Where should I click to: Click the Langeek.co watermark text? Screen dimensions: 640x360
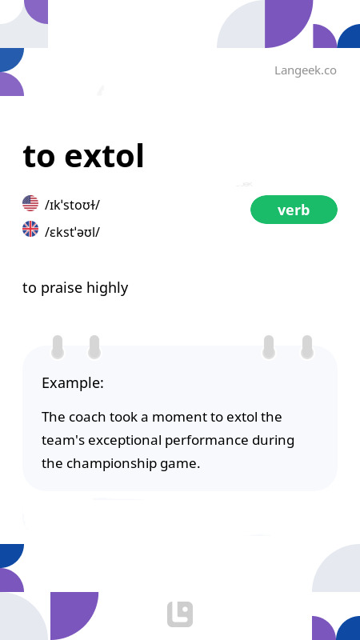305,70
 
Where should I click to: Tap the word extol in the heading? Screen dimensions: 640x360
104,156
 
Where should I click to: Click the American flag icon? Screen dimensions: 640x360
30,203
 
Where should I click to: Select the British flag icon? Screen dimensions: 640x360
30,230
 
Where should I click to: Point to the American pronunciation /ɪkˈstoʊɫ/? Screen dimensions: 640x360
72,205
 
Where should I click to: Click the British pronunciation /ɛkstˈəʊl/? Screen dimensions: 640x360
72,232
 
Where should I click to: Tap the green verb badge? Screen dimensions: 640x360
294,210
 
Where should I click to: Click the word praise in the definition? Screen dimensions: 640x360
62,288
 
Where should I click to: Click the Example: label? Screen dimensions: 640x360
73,383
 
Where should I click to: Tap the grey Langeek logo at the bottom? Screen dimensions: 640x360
180,614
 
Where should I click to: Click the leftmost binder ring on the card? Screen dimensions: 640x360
58,346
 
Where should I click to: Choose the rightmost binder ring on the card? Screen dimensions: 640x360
306,346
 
